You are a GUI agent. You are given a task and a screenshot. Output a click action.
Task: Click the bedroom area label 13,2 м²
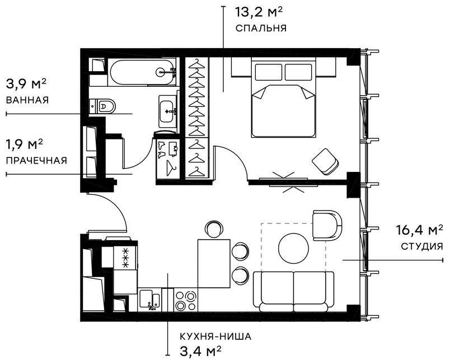pos(259,12)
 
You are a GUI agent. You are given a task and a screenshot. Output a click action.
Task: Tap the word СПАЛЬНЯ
pos(261,28)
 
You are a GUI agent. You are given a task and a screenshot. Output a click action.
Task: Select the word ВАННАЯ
pos(27,100)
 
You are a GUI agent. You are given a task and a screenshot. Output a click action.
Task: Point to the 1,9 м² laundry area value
pos(25,144)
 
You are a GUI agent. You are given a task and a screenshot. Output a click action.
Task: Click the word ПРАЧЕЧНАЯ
pos(36,160)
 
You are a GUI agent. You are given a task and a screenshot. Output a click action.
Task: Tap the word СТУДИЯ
pos(422,246)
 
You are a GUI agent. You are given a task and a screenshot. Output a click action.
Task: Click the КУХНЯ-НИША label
pos(215,336)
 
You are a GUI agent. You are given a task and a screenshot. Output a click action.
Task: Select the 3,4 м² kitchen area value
pos(200,350)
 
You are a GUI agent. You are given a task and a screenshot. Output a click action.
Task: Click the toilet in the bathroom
pos(102,106)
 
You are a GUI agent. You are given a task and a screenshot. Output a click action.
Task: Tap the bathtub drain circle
pos(161,72)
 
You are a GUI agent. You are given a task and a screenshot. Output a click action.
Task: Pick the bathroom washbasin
pos(168,111)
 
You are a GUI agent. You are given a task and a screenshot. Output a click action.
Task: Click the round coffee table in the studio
pos(294,247)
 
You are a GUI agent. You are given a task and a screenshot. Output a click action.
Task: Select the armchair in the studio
pos(327,226)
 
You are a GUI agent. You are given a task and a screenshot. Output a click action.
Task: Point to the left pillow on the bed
pos(268,72)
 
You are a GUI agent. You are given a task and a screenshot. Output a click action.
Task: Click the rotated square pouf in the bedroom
pos(325,162)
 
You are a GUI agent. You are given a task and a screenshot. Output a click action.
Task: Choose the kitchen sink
pos(149,300)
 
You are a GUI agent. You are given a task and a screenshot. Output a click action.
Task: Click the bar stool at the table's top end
pos(214,229)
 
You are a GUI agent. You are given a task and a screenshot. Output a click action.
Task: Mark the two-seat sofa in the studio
pos(294,291)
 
